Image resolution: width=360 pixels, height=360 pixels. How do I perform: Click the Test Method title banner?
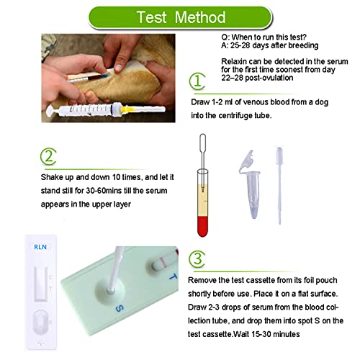pos(181,16)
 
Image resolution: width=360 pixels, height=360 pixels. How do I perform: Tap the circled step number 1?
pos(201,81)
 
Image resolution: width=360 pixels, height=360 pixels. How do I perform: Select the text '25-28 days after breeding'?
pos(273,44)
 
